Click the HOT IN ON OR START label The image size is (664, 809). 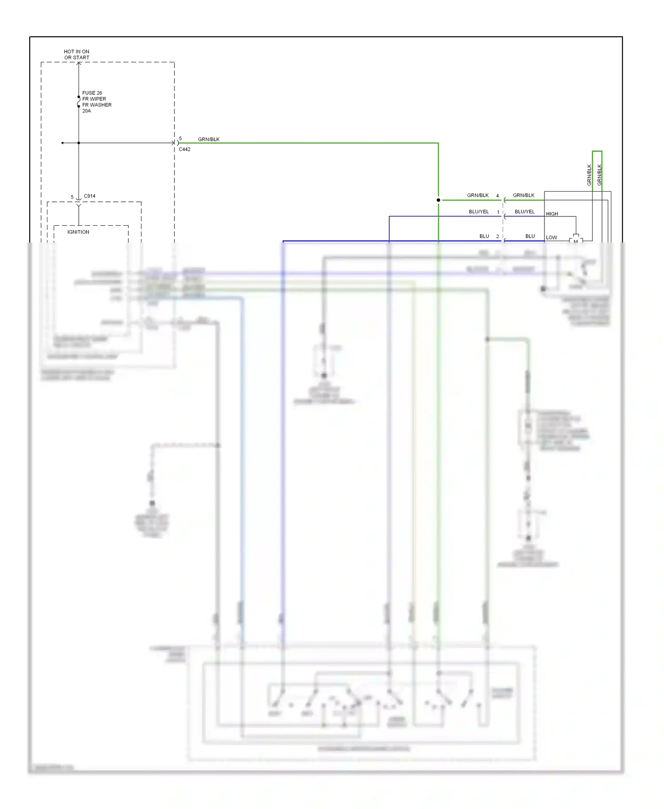[77, 54]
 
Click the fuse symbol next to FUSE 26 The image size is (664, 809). [79, 102]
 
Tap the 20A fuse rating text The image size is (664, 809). [86, 111]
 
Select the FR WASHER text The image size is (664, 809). [97, 105]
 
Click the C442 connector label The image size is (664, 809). [185, 150]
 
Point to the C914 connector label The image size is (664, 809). [89, 196]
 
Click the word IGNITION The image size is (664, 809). [78, 232]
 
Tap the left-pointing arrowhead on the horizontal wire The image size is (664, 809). [62, 143]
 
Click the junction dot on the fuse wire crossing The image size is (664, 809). [79, 143]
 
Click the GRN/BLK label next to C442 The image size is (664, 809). [208, 139]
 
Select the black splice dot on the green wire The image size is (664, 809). [438, 200]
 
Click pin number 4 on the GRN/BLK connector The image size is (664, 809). [498, 196]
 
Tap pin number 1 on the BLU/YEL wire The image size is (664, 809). [498, 212]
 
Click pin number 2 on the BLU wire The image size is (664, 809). [498, 237]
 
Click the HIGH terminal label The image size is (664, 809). [552, 214]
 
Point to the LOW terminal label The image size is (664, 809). [552, 238]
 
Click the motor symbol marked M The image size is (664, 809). [575, 240]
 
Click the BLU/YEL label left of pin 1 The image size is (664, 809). [479, 212]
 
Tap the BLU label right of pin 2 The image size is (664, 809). [530, 236]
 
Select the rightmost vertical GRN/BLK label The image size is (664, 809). [599, 175]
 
